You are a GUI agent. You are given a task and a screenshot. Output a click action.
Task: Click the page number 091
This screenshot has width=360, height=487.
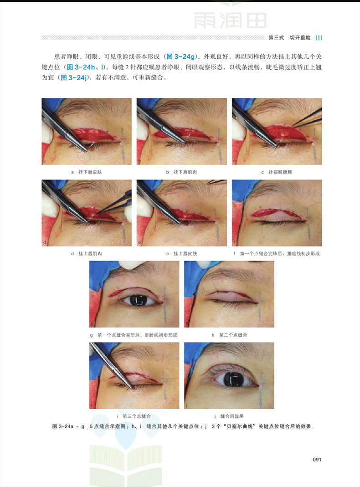coord(317,459)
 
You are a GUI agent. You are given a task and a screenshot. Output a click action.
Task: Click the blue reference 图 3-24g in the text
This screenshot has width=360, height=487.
coord(180,56)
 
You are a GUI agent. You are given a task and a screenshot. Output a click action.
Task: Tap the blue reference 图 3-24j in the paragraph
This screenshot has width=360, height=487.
coord(73,77)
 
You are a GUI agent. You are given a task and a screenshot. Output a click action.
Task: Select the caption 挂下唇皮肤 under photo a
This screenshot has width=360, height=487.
coord(90,172)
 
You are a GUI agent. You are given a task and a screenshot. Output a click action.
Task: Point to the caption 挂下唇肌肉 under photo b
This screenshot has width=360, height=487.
coord(185,172)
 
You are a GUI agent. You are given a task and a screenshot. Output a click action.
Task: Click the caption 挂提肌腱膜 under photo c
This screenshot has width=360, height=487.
coord(280,172)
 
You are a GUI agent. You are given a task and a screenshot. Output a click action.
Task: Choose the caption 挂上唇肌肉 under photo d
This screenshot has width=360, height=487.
coord(90,253)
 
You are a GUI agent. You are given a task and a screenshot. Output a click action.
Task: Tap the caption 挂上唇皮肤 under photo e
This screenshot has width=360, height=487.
coord(185,253)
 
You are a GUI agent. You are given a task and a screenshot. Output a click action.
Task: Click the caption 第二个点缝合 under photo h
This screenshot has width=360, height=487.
coord(233,335)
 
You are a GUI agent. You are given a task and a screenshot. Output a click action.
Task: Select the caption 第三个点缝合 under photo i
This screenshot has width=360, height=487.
coord(136,416)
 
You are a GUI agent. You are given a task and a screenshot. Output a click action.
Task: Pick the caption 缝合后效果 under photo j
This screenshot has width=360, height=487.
coord(231,416)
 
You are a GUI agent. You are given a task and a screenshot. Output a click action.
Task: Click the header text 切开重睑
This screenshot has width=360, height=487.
coord(300,37)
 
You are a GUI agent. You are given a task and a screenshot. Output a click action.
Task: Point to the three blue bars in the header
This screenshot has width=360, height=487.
coord(319,37)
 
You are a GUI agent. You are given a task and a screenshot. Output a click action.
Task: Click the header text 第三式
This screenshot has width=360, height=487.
coord(276,37)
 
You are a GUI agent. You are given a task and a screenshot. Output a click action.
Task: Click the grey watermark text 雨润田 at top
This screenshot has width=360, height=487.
coord(230,20)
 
